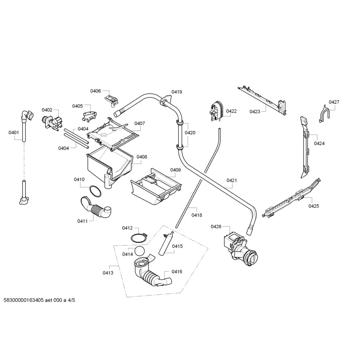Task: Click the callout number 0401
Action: [x=13, y=133]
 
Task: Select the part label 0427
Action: [x=334, y=102]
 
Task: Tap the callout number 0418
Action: [x=197, y=215]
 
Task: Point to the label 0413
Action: [x=108, y=272]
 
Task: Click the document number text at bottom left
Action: [x=39, y=300]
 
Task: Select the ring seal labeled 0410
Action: [x=95, y=192]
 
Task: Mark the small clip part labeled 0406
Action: [x=112, y=99]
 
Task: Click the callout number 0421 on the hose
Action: [x=232, y=180]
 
